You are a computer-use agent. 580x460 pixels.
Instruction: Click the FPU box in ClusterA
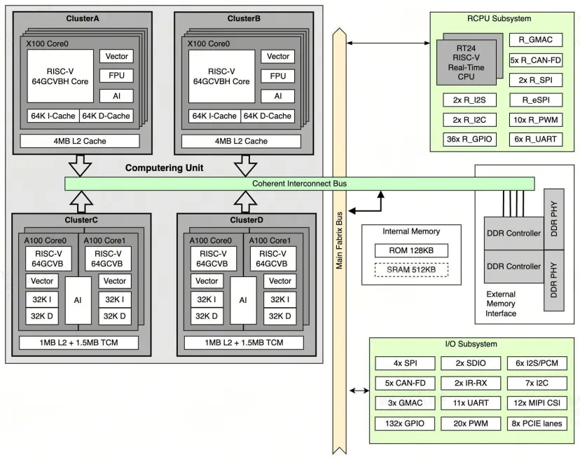point(116,76)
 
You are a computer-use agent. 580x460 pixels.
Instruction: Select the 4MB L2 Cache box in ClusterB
point(241,141)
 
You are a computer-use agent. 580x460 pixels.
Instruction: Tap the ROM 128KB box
point(411,251)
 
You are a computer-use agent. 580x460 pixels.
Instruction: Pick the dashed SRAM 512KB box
point(411,270)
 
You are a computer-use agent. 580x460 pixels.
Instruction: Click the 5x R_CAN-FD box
point(536,60)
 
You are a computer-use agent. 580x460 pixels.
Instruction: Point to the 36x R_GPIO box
point(469,140)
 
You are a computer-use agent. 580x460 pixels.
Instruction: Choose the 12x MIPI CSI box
point(537,403)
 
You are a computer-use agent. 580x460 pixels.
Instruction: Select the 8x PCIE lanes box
point(537,424)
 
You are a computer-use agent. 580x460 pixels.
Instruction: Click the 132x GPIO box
point(405,424)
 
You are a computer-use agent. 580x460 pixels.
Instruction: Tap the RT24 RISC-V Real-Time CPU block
point(466,62)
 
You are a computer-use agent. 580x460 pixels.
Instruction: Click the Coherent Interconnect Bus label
point(299,184)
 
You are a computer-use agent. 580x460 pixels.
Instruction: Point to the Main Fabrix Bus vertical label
point(339,241)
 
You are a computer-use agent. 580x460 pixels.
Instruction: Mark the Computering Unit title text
point(164,168)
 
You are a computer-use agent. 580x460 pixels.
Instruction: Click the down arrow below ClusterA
point(81,165)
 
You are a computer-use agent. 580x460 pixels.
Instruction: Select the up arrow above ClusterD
point(246,202)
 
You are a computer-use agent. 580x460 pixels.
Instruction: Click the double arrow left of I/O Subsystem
point(359,391)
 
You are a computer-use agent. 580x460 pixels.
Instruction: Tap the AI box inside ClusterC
point(78,300)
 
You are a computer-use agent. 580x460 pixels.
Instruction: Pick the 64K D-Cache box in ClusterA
point(106,116)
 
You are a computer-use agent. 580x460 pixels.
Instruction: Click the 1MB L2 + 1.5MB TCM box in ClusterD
point(244,343)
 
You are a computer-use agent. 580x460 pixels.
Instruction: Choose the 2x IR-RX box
point(471,383)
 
